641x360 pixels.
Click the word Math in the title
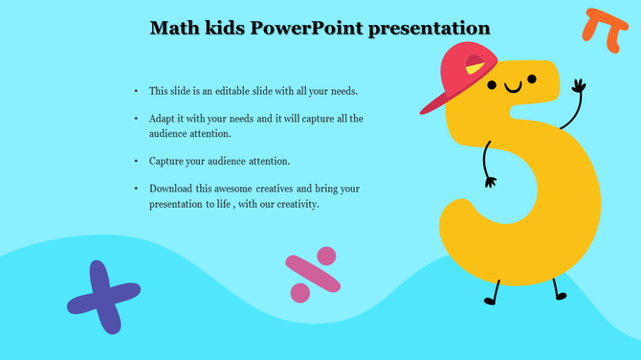(x=173, y=28)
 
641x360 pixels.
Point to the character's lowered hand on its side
(x=490, y=179)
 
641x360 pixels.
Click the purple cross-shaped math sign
(x=103, y=297)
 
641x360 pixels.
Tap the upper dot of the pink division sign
(x=326, y=256)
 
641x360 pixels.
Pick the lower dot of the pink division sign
(x=299, y=293)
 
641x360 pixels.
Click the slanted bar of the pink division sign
(x=313, y=274)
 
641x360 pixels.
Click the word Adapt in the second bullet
(x=162, y=119)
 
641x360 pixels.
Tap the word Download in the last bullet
(x=169, y=189)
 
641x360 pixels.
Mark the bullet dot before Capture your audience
(x=137, y=161)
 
